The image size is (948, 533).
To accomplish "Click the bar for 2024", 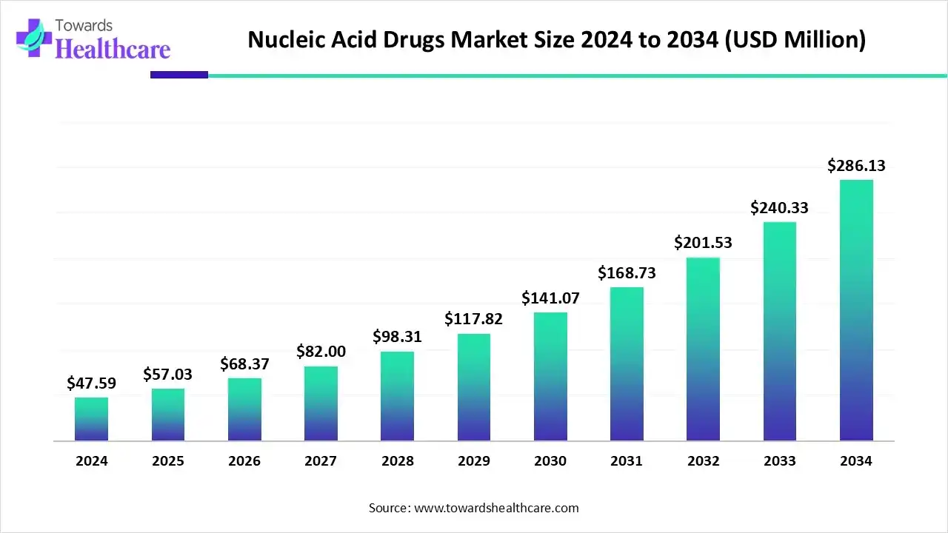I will [91, 419].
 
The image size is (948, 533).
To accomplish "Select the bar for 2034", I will [856, 310].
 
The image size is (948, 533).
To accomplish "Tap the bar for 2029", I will [474, 387].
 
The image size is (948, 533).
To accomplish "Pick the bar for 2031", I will [627, 363].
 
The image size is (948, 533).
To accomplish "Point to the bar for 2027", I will [321, 403].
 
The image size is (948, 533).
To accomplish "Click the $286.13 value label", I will [856, 166].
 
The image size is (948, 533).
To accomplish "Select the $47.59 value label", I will [91, 383].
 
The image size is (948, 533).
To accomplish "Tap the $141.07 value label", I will [550, 298].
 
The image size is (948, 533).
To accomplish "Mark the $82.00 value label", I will [321, 352].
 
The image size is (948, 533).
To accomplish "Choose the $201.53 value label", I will [703, 243].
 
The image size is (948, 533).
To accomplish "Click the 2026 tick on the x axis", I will [244, 461].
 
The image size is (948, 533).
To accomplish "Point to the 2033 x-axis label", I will [779, 461].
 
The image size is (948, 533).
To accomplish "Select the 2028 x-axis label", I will [398, 461].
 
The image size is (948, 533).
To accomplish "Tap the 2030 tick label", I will [550, 461].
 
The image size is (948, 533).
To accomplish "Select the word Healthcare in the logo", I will [113, 49].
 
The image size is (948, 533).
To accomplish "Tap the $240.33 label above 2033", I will [779, 208].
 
